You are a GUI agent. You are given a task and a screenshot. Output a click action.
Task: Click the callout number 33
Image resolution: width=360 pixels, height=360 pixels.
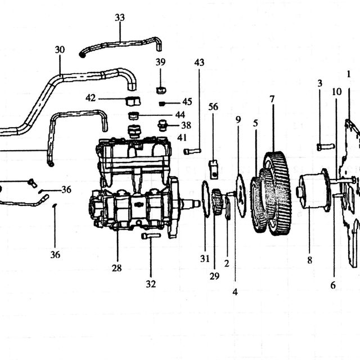(120, 17)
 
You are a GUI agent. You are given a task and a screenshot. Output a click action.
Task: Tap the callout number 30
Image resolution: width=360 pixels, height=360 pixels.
(60, 49)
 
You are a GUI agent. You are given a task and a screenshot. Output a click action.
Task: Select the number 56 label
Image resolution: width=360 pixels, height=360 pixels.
(213, 107)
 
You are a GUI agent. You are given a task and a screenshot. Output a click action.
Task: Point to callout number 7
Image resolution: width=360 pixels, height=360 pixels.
(272, 99)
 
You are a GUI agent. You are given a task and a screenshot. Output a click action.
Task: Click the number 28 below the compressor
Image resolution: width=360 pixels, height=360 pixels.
(116, 268)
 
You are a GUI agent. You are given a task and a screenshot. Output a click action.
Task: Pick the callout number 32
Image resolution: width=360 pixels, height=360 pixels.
(151, 284)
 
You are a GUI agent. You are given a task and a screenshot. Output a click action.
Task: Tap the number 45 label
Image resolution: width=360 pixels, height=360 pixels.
(187, 102)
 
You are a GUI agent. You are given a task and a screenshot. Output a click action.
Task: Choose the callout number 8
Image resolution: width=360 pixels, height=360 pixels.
(310, 260)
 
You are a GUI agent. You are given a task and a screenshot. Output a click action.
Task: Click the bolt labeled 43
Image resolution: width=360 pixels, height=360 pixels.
(192, 151)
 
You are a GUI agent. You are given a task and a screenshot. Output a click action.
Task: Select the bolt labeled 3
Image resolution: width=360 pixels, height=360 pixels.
(326, 146)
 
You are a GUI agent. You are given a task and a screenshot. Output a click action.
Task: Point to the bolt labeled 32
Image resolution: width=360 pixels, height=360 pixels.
(151, 236)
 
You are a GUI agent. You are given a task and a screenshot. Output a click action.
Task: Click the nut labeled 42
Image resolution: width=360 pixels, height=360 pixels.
(133, 101)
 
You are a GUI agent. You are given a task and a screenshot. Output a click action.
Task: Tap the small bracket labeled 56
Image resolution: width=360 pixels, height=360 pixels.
(214, 169)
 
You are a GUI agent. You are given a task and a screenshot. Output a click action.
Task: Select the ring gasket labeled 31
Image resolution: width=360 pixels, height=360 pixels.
(206, 199)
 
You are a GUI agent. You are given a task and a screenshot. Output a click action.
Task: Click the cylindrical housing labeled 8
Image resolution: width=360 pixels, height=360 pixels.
(314, 191)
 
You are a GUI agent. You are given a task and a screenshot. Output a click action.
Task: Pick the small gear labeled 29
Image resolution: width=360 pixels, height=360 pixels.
(217, 201)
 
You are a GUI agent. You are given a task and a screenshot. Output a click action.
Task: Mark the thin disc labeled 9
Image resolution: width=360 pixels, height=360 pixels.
(241, 196)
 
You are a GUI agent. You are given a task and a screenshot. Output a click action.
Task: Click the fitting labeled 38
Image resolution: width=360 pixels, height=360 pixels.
(163, 125)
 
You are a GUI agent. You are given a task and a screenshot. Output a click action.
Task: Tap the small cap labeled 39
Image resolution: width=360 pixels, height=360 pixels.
(161, 90)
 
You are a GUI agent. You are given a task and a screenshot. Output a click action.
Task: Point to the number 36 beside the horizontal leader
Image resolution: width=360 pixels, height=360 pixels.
(66, 190)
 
